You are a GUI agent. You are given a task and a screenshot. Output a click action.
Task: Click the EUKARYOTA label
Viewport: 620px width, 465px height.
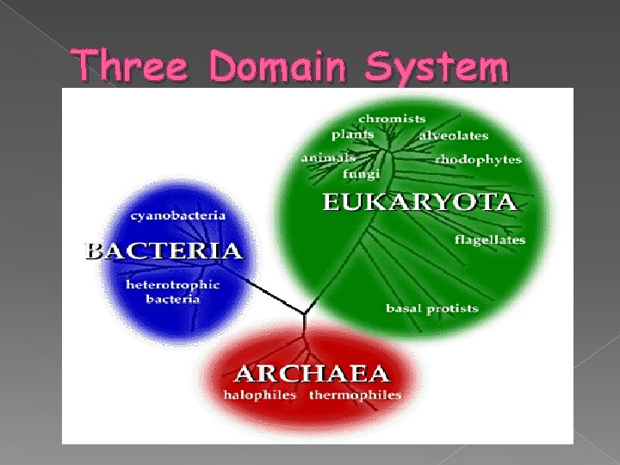[x=419, y=203]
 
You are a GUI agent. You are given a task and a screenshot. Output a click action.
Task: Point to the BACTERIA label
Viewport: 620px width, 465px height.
[x=164, y=251]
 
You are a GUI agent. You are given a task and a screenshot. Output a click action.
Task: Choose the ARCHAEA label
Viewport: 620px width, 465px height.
[x=312, y=375]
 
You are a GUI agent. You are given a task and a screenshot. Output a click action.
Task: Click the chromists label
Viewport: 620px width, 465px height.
[x=392, y=118]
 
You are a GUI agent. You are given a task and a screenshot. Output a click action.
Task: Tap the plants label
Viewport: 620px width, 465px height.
[x=353, y=134]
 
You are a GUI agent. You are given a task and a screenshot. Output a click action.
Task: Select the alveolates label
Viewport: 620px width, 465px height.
[x=453, y=135]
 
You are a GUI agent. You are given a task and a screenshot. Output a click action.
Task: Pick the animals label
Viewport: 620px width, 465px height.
[x=328, y=158]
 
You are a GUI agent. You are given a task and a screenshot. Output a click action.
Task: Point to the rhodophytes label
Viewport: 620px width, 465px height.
[x=478, y=159]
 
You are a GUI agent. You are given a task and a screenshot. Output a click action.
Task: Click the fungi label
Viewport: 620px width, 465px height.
[x=362, y=174]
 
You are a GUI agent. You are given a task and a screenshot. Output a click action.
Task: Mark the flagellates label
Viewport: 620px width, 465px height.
[x=490, y=240]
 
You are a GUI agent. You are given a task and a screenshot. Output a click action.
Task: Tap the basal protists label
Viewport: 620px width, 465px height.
[x=431, y=307]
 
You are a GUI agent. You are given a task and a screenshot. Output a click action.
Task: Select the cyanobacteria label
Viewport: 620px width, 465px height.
[x=178, y=214]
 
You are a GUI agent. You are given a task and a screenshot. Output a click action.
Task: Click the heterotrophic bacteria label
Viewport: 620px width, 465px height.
[x=173, y=291]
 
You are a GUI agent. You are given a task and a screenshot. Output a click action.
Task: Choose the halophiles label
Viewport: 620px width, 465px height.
[x=260, y=395]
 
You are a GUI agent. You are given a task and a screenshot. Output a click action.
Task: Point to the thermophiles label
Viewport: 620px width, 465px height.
[x=355, y=395]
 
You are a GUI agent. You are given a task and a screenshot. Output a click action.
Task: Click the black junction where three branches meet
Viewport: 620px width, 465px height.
[x=303, y=314]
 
